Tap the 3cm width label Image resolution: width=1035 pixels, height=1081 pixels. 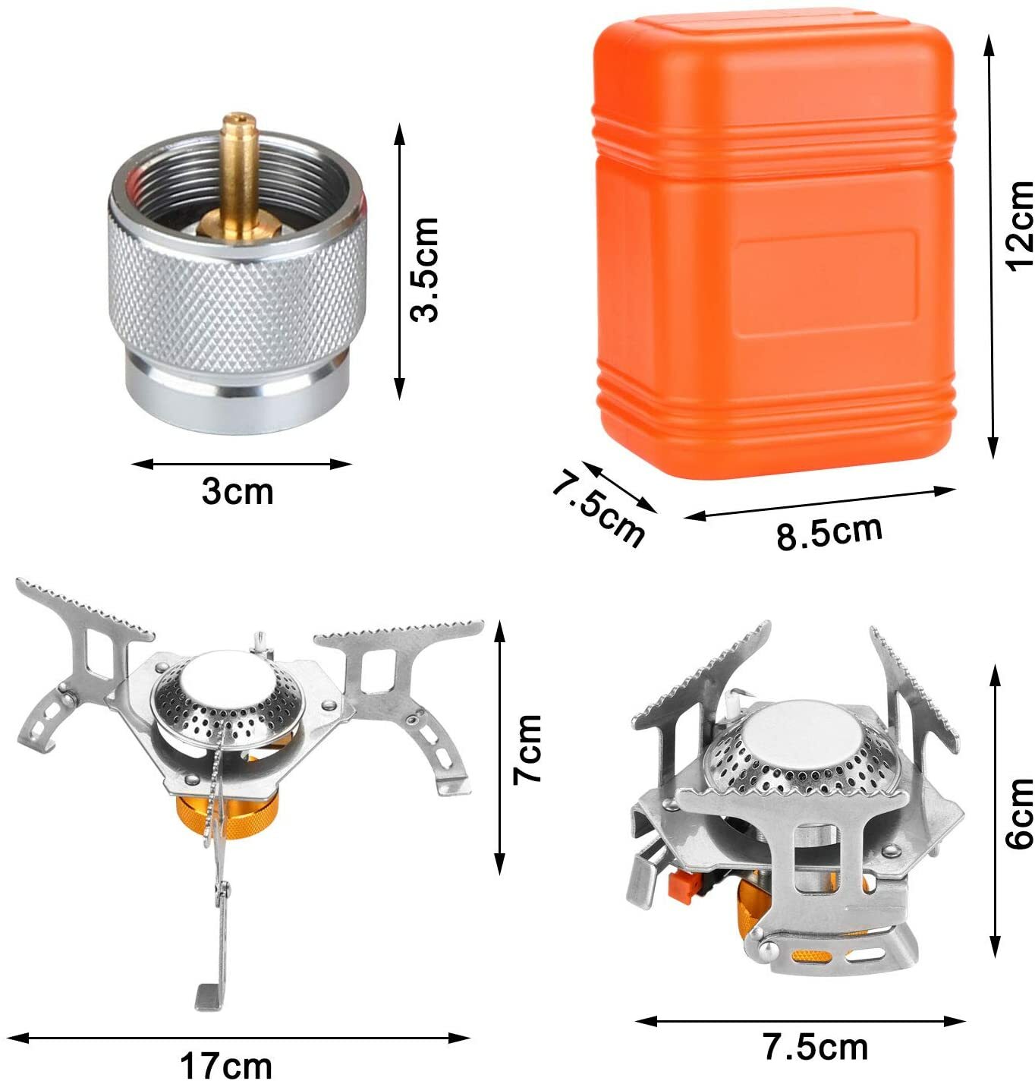(x=238, y=492)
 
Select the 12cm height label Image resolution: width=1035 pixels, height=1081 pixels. (x=1020, y=225)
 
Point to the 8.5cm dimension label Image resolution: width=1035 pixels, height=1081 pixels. (x=829, y=531)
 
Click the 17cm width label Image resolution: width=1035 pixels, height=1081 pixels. (x=226, y=1065)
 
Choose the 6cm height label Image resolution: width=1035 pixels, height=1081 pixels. (x=1020, y=813)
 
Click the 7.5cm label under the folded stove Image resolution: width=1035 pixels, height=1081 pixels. (x=815, y=1048)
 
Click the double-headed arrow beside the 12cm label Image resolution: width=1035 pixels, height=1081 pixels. (x=989, y=247)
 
